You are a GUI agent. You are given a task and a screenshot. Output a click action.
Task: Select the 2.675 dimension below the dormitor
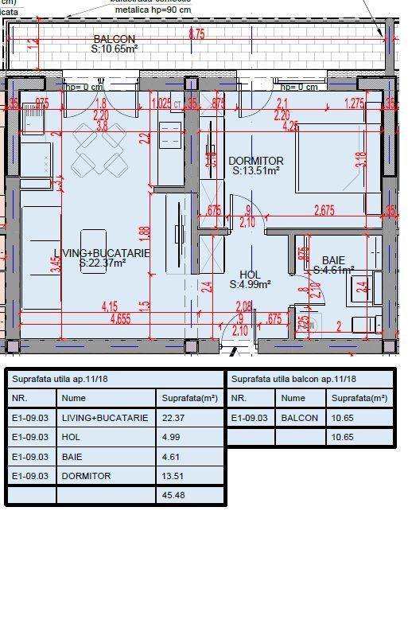click(x=323, y=210)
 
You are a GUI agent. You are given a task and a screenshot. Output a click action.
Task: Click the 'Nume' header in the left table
click(x=73, y=398)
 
